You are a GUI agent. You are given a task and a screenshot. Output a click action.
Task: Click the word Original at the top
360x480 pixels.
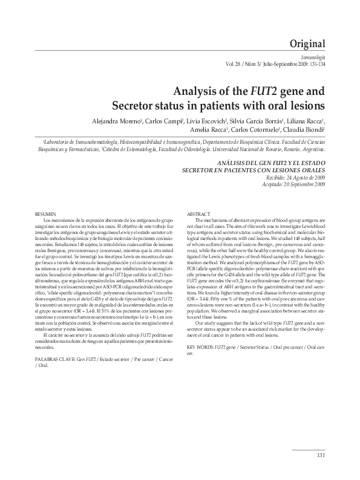309,44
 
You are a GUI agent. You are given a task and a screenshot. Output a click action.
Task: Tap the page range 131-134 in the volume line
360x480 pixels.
316,64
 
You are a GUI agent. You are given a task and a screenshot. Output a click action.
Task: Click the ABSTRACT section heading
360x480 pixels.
199,215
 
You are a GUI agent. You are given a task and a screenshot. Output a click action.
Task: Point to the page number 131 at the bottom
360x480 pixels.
321,455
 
